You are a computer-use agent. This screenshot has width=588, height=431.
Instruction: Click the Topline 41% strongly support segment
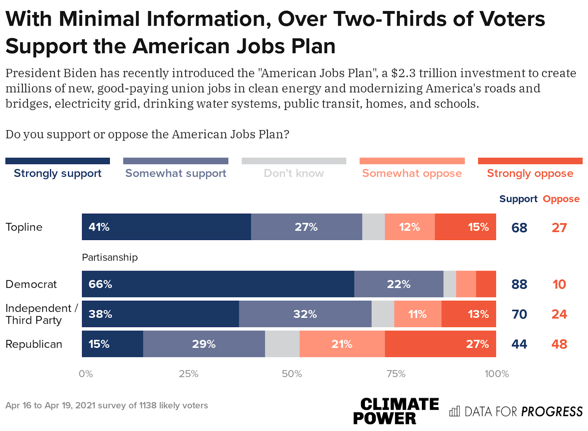click(x=166, y=227)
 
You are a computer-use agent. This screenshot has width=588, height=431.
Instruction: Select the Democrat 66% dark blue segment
click(x=218, y=284)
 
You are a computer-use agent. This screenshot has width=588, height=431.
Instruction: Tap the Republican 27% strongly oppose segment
click(x=440, y=344)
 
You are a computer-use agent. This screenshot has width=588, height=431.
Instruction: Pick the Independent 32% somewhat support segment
click(x=305, y=314)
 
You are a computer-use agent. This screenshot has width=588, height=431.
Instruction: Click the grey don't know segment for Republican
click(x=282, y=344)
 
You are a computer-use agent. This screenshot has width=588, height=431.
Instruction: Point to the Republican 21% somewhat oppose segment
click(x=342, y=344)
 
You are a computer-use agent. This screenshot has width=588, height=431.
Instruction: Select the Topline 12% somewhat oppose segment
click(x=410, y=227)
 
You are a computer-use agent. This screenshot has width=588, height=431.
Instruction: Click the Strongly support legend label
click(x=58, y=173)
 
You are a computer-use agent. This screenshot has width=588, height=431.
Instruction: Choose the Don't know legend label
click(x=294, y=173)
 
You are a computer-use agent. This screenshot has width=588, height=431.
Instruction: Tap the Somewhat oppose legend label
click(x=412, y=173)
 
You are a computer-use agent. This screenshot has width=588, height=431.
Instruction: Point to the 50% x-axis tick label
click(x=292, y=374)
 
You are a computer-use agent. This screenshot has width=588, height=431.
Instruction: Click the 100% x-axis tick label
click(x=496, y=374)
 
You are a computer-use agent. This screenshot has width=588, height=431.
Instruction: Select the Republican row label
click(x=34, y=344)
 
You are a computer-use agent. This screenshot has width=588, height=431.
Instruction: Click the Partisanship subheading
click(x=110, y=257)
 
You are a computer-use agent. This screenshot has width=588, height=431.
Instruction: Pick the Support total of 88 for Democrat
click(x=519, y=285)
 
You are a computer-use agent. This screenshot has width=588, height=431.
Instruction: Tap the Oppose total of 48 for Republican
click(x=559, y=344)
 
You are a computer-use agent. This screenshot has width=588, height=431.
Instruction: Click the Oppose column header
click(x=561, y=199)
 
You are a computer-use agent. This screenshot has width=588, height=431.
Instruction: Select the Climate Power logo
click(x=396, y=411)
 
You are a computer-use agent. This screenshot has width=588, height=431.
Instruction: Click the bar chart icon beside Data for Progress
click(x=455, y=411)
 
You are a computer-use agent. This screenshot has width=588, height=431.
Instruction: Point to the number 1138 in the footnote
click(x=147, y=406)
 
